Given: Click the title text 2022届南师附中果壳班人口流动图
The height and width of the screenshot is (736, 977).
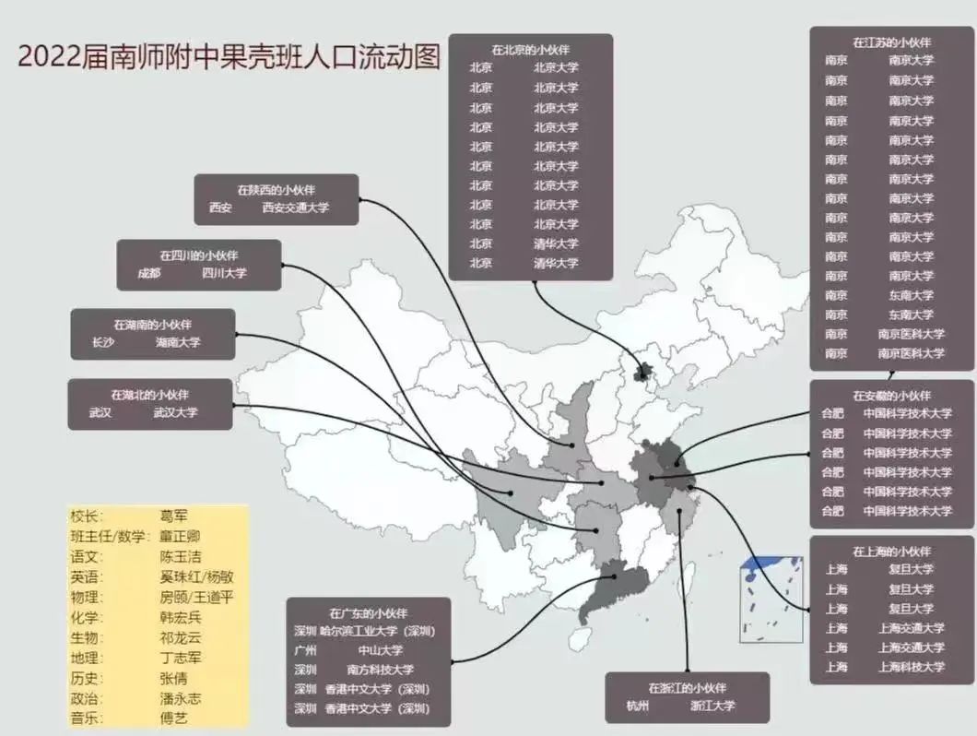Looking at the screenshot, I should [229, 56].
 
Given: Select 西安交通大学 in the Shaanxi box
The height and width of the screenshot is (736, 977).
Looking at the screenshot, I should [295, 208].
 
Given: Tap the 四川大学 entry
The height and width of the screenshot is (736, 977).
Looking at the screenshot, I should [225, 273].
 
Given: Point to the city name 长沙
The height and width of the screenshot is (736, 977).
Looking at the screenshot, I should [101, 342].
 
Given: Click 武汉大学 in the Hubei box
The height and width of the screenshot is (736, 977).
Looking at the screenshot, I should [175, 412].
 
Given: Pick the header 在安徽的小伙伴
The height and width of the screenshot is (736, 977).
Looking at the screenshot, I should [891, 395].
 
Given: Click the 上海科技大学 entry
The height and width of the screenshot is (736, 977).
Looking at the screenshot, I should [911, 667].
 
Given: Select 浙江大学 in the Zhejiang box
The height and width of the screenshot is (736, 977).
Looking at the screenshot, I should [712, 706].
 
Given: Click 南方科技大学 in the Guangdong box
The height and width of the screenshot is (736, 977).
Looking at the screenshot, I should [381, 670].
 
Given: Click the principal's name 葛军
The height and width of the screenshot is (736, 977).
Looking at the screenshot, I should [174, 516].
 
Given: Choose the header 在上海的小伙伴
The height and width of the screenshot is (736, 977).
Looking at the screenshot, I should [891, 551].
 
